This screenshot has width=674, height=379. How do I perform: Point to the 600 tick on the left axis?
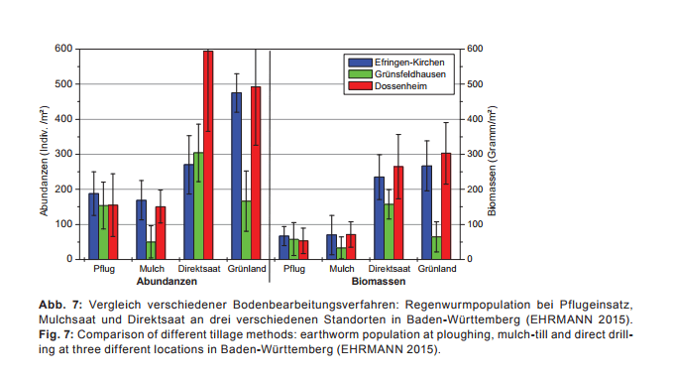[63, 49]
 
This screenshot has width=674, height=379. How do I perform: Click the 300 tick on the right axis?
[474, 154]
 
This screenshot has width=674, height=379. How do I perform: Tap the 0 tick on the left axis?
[69, 259]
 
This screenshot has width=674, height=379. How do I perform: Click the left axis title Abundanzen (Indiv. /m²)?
[45, 154]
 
